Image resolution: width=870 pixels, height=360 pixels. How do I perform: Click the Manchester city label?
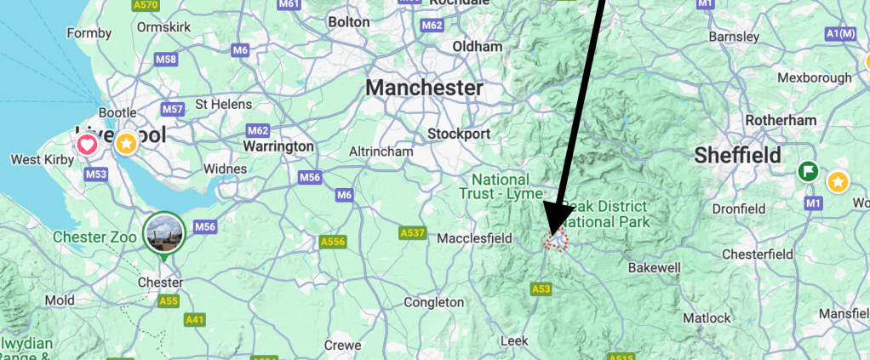424,88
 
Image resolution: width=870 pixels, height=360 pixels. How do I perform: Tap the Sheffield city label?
737,155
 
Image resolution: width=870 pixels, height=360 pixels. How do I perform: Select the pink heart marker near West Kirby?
87,145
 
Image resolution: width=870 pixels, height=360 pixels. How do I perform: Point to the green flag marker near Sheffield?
808,171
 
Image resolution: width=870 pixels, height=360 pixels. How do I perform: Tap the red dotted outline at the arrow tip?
556,242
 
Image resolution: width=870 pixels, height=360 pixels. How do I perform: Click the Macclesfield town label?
473,239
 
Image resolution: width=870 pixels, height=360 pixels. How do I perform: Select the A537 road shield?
412,232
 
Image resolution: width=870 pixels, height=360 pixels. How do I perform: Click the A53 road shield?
541,289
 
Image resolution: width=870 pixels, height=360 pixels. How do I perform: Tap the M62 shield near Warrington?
257,130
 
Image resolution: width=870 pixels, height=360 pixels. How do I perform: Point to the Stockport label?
459,134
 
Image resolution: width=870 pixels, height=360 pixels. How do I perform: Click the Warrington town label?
278,146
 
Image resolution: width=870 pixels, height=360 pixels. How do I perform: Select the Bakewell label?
654,268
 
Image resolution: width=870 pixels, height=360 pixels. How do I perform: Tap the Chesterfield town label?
757,254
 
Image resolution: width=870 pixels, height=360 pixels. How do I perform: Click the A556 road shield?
333,243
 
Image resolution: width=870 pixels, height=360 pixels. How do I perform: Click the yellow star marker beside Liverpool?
127,143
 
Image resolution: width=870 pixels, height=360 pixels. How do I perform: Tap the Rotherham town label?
781,120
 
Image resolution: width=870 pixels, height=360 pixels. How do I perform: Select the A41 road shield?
195,319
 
